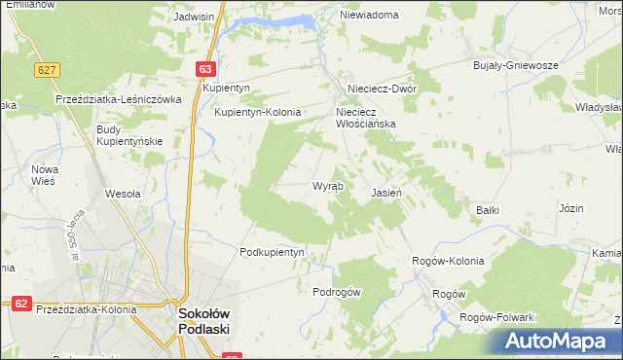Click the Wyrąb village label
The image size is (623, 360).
tap(326, 186)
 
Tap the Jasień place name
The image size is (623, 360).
tap(387, 194)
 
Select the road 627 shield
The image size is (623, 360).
tap(46, 70)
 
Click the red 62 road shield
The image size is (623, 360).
tap(21, 304)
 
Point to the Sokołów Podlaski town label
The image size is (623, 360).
tap(202, 322)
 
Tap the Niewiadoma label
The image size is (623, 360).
tap(370, 16)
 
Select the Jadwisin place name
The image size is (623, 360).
tap(194, 18)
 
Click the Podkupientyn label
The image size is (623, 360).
tap(273, 252)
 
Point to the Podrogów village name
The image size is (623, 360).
tap(337, 292)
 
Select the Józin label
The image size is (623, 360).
tap(571, 209)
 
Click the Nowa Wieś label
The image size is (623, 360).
tap(46, 175)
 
